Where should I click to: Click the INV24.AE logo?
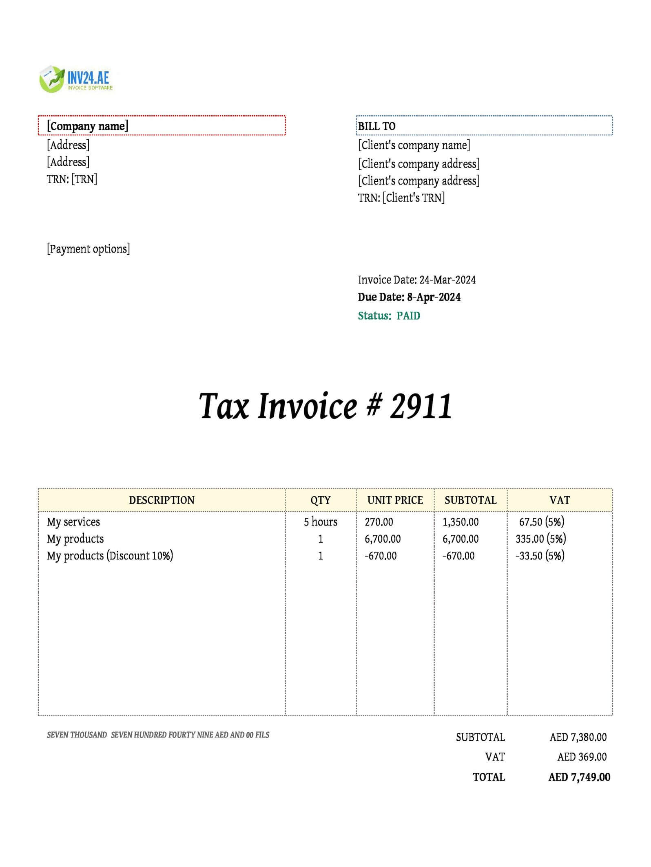(x=76, y=79)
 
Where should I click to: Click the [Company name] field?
(x=88, y=126)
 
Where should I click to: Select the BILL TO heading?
(x=376, y=126)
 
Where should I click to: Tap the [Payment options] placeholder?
(x=89, y=249)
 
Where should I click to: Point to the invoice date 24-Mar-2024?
(x=447, y=280)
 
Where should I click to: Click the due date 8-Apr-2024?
(x=434, y=297)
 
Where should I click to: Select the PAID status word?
(x=408, y=316)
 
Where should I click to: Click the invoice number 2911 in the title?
(x=421, y=406)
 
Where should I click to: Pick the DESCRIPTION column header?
(x=162, y=500)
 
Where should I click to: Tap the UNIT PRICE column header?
(x=395, y=500)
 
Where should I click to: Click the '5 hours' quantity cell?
(x=321, y=522)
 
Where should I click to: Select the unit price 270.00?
(x=379, y=522)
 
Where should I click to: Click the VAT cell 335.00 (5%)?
(x=540, y=539)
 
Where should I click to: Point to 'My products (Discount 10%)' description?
(x=110, y=556)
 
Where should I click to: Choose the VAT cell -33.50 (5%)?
(x=540, y=556)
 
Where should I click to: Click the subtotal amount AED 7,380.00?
(x=578, y=737)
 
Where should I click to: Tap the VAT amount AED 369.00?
(x=582, y=757)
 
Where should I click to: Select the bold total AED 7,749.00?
(x=579, y=777)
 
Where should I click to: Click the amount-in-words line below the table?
(x=158, y=735)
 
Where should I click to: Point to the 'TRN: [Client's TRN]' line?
(x=401, y=198)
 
